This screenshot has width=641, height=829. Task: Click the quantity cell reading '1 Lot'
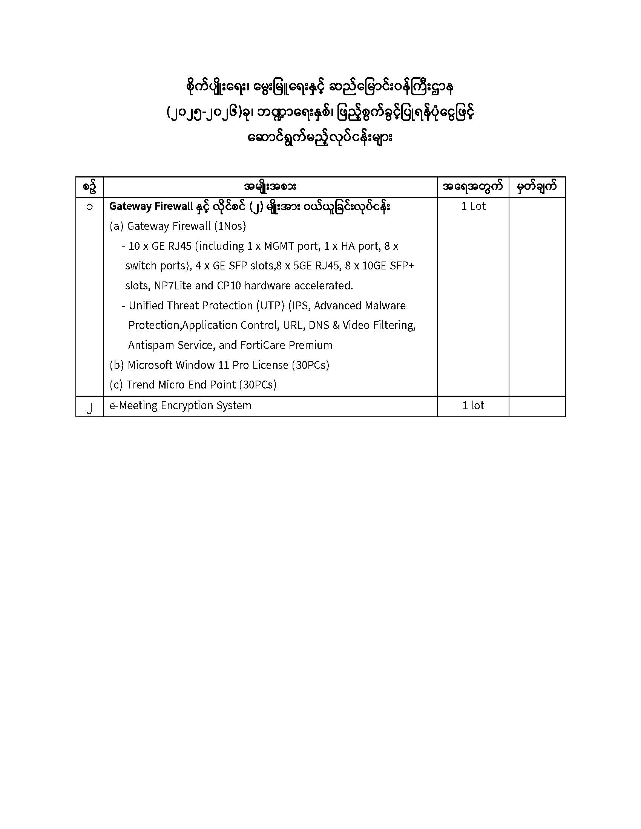click(x=473, y=206)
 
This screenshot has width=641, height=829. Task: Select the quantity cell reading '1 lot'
click(x=473, y=405)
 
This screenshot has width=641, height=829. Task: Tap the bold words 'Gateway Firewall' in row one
click(x=151, y=206)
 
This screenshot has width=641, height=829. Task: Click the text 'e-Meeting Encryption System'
click(x=180, y=405)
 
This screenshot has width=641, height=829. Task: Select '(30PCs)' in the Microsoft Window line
click(x=310, y=365)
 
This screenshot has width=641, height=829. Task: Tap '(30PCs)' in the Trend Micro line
click(x=258, y=384)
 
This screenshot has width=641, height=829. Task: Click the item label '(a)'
click(x=116, y=226)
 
